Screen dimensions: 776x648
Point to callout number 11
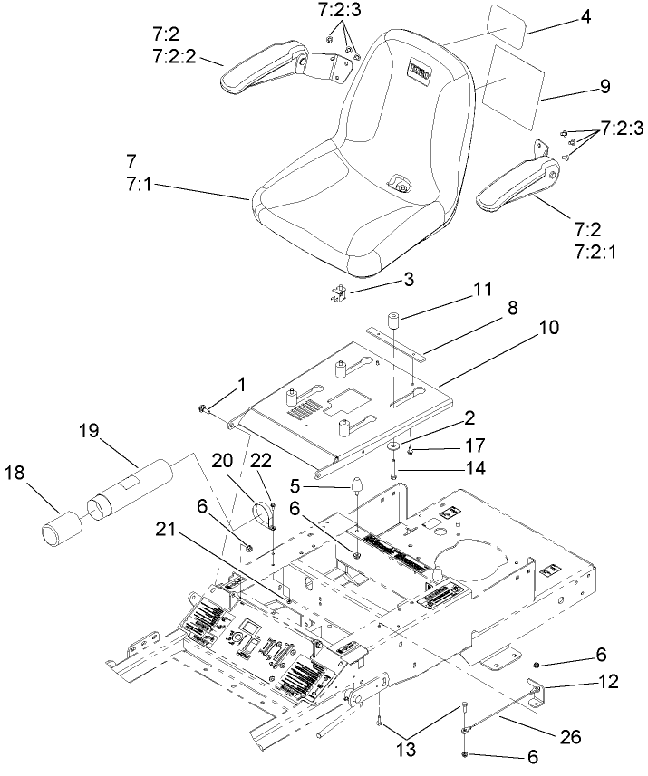(482, 290)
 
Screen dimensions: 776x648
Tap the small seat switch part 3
(341, 292)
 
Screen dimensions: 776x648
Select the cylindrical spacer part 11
(394, 323)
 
